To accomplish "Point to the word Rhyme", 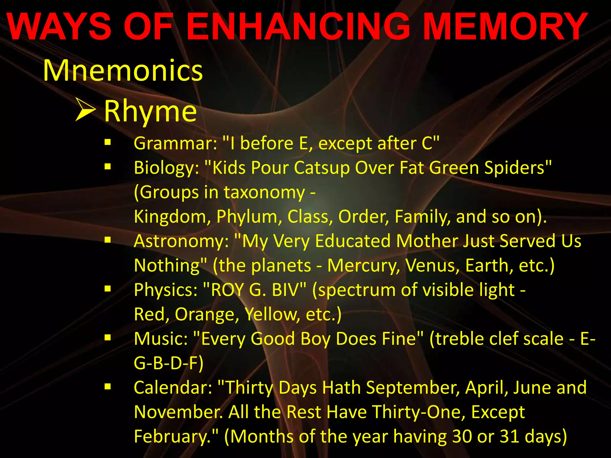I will pyautogui.click(x=150, y=111).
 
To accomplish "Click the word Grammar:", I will pyautogui.click(x=175, y=144).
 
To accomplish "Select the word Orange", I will pyautogui.click(x=206, y=314).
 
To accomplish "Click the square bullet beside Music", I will pyautogui.click(x=108, y=337).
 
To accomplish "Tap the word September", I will pyautogui.click(x=413, y=388).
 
